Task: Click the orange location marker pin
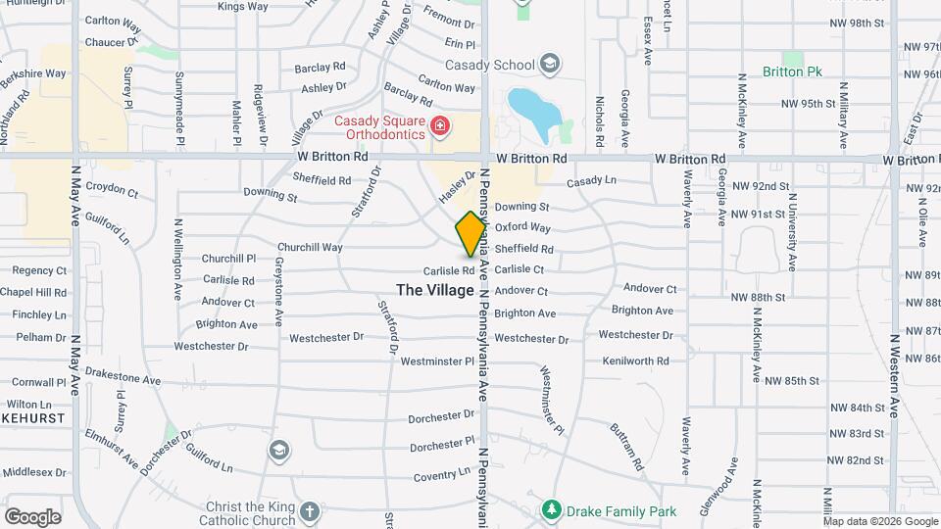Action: [471, 234]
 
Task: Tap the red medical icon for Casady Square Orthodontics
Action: [440, 126]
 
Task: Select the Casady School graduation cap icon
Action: [551, 66]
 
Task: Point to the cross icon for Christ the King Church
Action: [310, 511]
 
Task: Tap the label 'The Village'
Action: [435, 290]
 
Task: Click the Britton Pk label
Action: [793, 72]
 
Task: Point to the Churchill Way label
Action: [310, 248]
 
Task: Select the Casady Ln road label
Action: [591, 180]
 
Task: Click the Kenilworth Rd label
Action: [634, 361]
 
